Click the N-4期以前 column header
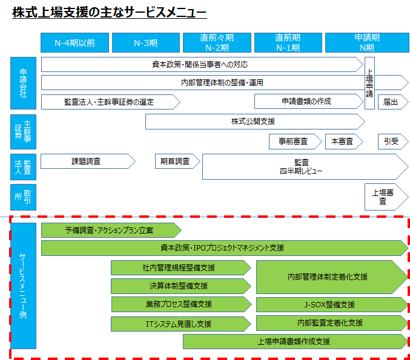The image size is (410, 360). point(74,42)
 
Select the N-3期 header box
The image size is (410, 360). point(146,42)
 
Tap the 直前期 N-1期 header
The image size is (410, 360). point(288,42)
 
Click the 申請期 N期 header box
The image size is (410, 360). point(367,42)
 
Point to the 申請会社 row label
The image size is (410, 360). point(23,83)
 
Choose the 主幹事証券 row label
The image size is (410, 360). point(23,132)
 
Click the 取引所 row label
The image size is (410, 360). point(23,197)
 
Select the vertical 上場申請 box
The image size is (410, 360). point(369,83)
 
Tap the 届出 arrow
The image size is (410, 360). point(393,102)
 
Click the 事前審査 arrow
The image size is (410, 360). point(295,142)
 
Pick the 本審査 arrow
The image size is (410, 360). point(344,142)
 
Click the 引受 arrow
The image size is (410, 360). point(393,142)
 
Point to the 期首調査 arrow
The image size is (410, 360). point(177,161)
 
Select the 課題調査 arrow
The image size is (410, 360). point(88,161)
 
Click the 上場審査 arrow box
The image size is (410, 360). point(386,197)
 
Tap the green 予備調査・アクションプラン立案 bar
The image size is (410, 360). point(111,230)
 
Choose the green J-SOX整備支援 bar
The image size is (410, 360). point(332,304)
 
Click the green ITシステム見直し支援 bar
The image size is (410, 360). point(181,324)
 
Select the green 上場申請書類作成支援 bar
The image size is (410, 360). point(296,341)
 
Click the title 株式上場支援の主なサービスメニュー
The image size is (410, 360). point(110,12)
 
